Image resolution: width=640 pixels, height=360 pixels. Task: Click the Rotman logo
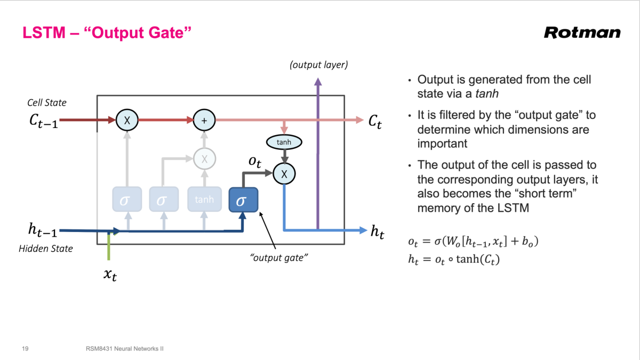pyautogui.click(x=582, y=33)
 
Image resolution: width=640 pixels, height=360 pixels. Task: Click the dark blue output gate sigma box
pyautogui.click(x=243, y=200)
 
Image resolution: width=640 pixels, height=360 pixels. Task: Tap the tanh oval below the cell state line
pyautogui.click(x=284, y=142)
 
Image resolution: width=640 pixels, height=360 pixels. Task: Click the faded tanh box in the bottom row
pyautogui.click(x=204, y=200)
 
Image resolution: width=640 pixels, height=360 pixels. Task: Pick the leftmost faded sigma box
pyautogui.click(x=126, y=200)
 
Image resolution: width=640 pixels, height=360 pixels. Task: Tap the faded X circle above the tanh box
pyautogui.click(x=203, y=158)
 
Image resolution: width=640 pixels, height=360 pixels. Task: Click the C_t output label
pyautogui.click(x=375, y=121)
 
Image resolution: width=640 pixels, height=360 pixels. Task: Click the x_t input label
pyautogui.click(x=110, y=275)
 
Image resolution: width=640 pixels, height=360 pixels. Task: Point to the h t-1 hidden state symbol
pyautogui.click(x=42, y=230)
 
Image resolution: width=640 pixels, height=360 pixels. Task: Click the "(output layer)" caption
pyautogui.click(x=318, y=65)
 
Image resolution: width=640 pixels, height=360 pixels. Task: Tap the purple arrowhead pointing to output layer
pyautogui.click(x=318, y=81)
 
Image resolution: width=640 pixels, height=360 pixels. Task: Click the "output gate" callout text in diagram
pyautogui.click(x=280, y=258)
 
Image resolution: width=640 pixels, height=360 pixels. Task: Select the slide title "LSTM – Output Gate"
pyautogui.click(x=107, y=33)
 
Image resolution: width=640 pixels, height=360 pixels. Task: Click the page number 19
pyautogui.click(x=25, y=349)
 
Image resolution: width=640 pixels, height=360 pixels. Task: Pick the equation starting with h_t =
pyautogui.click(x=454, y=260)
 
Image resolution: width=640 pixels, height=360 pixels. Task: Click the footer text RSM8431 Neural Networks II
pyautogui.click(x=124, y=349)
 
